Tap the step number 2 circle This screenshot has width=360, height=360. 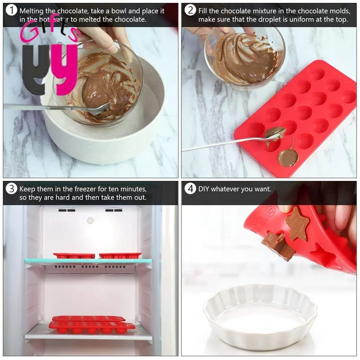pos(190,11)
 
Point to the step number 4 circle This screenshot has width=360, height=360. pos(190,189)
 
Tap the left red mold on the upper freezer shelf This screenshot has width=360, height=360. pos(74,256)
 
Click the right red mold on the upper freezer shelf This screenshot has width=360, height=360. pos(120,256)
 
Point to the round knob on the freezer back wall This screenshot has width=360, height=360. pos(90,220)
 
